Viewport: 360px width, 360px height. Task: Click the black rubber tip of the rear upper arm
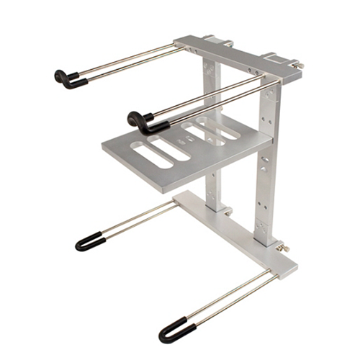point(68,78)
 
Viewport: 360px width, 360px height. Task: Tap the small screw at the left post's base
point(229,212)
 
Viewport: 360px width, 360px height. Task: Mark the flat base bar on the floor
point(238,230)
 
